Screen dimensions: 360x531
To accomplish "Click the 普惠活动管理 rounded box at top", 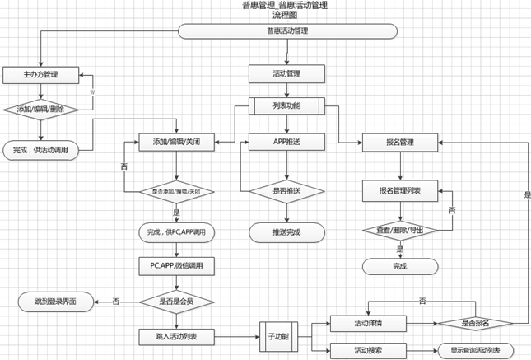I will tap(286, 31).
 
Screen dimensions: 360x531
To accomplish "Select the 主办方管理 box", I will tap(40, 75).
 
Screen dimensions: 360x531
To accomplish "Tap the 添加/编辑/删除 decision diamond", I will tap(40, 109).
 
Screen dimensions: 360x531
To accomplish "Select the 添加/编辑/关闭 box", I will tap(176, 142).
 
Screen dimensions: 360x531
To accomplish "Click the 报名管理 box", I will tap(399, 142).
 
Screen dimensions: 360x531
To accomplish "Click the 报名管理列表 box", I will tap(399, 191).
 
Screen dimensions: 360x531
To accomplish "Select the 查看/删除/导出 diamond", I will tap(399, 231).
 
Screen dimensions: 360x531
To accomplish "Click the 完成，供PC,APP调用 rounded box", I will tap(176, 232).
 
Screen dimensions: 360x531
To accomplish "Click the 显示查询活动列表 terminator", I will tap(475, 349).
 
